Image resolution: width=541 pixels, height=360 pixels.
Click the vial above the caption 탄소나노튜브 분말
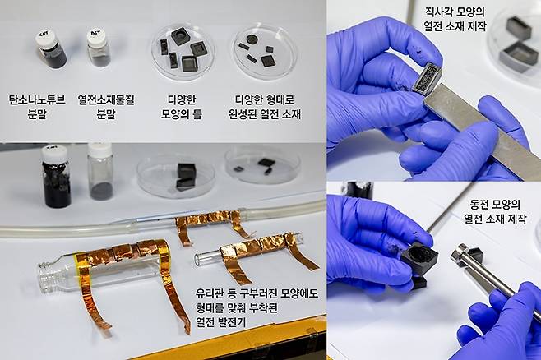53,51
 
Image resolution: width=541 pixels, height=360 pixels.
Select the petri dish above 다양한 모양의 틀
183,51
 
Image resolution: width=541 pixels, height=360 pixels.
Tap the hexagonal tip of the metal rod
457,252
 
